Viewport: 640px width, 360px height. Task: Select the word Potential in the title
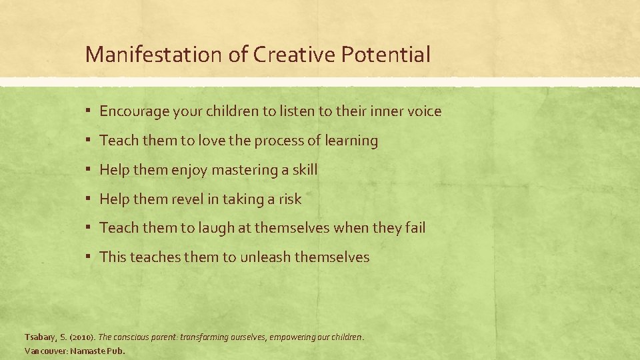[x=385, y=54]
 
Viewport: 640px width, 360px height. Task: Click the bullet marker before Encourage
[x=89, y=111]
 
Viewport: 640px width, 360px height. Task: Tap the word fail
[x=415, y=228]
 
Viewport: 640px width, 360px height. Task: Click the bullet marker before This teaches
[x=89, y=257]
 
